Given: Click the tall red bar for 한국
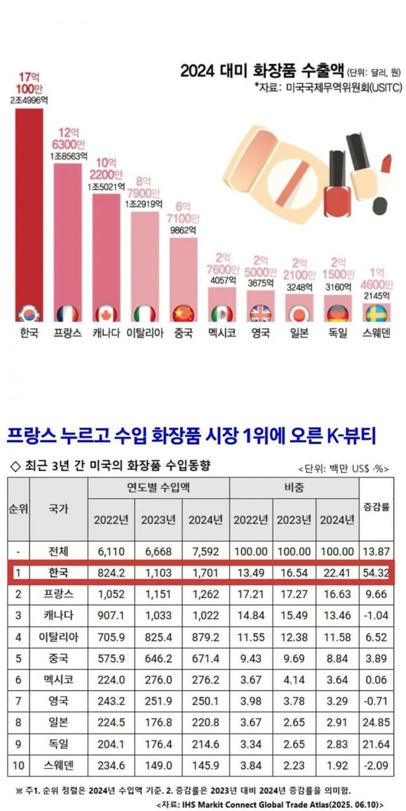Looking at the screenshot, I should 29,209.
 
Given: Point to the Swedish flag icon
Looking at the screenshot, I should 376,314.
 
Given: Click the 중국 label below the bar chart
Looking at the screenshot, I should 183,333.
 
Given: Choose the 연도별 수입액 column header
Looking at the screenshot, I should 159,489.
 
